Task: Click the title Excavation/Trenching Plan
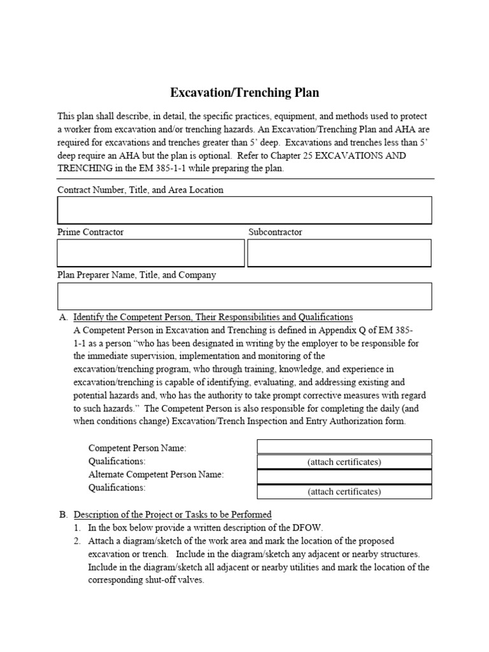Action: click(x=244, y=93)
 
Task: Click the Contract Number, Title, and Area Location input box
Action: click(x=244, y=210)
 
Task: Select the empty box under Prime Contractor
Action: click(x=150, y=253)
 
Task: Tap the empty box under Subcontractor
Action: click(x=339, y=253)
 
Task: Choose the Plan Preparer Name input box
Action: click(x=244, y=296)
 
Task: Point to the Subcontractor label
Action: click(x=275, y=232)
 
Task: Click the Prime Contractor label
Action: click(x=90, y=232)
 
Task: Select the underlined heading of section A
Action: click(x=213, y=317)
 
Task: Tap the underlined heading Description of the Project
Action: click(x=173, y=514)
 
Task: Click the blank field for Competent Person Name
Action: click(x=344, y=446)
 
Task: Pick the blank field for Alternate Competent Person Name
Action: click(x=344, y=476)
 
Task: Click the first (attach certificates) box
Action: click(x=344, y=462)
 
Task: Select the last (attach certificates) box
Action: click(x=344, y=492)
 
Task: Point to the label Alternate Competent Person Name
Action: click(x=156, y=474)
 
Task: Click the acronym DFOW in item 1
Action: click(x=308, y=528)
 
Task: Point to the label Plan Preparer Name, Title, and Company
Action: click(x=136, y=275)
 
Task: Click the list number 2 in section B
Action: click(x=76, y=541)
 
